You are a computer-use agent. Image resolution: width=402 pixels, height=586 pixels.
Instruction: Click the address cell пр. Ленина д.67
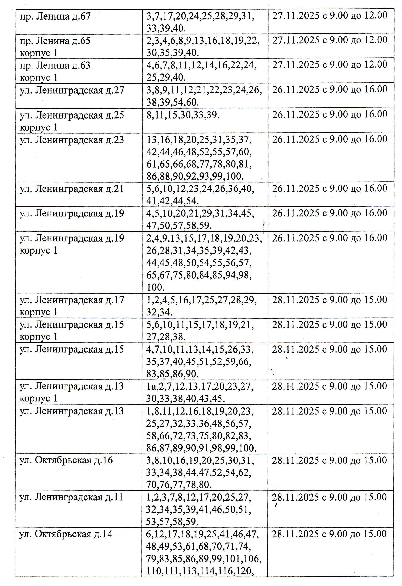point(55,17)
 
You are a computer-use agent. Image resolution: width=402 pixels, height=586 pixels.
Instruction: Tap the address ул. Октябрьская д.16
point(66,460)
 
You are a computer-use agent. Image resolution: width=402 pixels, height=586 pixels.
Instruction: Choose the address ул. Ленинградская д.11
point(71,497)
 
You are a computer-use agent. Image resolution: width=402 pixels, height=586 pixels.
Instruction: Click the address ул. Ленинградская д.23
point(72,140)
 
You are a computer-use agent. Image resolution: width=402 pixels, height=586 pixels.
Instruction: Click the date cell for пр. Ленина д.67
point(330,16)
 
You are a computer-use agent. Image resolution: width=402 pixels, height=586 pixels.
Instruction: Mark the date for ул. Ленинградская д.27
point(330,89)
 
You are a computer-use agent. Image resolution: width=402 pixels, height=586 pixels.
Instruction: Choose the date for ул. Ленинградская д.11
point(330,497)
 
